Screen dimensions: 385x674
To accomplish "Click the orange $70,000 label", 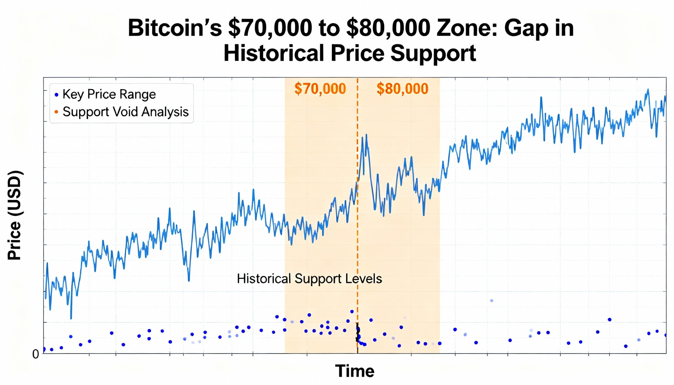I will (320, 89).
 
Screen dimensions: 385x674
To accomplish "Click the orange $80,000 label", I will (402, 89).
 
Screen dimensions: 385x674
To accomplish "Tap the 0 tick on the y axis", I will (36, 354).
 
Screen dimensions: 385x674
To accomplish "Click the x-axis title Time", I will (354, 371).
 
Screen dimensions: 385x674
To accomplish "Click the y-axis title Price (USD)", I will (14, 216).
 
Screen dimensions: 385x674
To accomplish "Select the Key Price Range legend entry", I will (109, 94).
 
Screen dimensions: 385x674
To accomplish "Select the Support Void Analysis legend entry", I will (125, 112).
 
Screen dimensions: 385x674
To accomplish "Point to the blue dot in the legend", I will (56, 94).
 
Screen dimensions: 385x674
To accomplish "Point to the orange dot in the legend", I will (56, 112).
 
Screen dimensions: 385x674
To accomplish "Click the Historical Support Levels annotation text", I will (309, 279).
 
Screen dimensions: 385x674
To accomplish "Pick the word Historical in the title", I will (274, 53).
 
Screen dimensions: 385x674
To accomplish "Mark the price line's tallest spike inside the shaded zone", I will (366, 134).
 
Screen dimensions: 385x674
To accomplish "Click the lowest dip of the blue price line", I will (71, 318).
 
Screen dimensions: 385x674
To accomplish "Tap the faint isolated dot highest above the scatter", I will (492, 301).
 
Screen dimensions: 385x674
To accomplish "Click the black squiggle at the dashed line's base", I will (357, 336).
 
